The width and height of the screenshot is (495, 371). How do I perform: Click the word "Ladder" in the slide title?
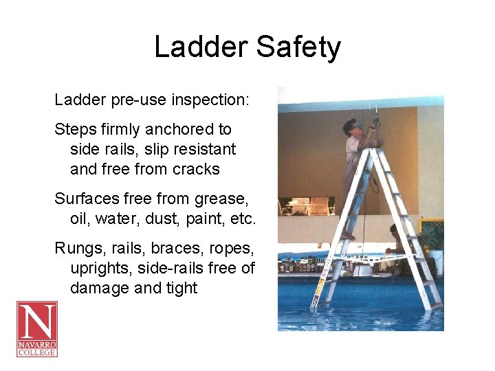point(200,47)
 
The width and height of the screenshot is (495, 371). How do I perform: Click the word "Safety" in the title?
point(298,47)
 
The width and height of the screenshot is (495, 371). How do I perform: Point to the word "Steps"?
point(76,129)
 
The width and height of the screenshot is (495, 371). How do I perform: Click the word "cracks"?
point(196,169)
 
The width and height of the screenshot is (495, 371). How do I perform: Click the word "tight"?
point(179,289)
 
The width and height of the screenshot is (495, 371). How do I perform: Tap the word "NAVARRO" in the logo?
point(37,344)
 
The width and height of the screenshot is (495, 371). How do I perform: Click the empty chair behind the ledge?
point(318,205)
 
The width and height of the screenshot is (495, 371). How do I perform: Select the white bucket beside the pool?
point(434,261)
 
